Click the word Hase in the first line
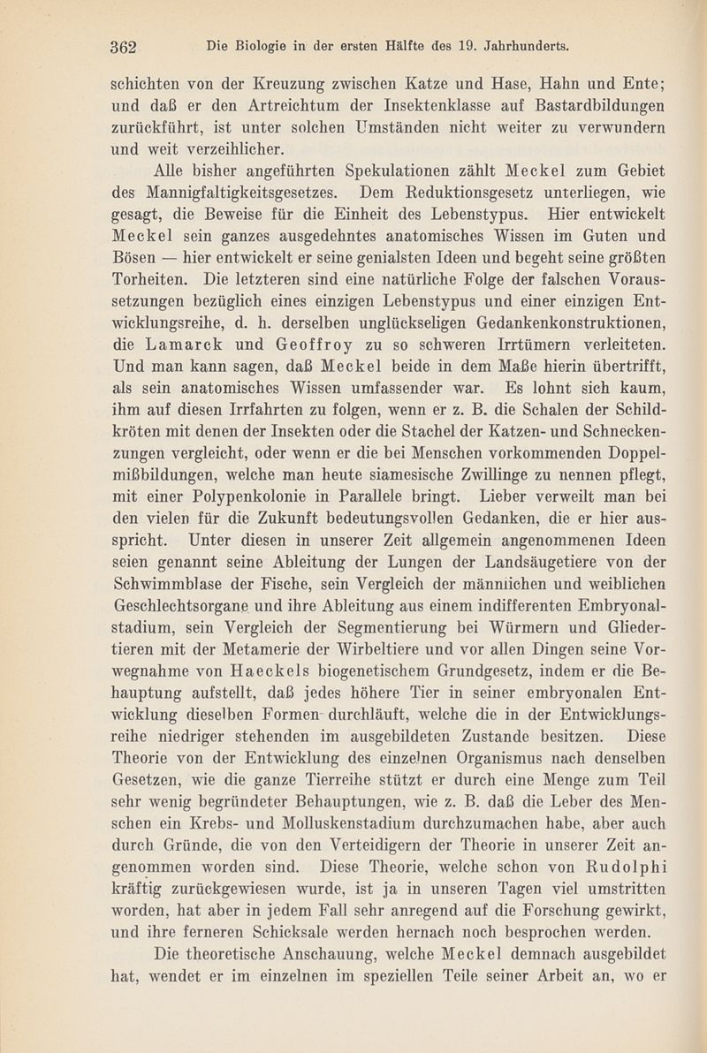[465, 88]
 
